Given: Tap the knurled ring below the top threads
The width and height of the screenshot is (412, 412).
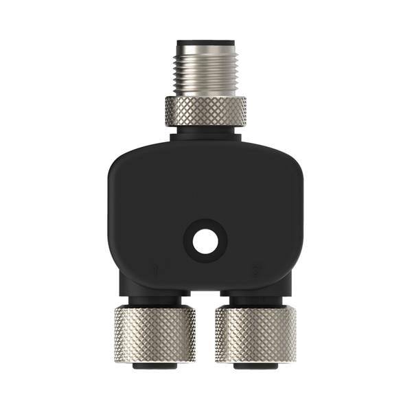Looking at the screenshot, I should click(205, 111).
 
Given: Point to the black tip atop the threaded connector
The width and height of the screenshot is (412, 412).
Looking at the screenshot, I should click(205, 41).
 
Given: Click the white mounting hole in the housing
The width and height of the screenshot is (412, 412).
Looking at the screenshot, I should click(204, 241).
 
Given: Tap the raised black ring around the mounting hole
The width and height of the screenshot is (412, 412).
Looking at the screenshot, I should click(204, 226).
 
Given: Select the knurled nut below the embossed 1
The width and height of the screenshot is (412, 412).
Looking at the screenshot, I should click(154, 333).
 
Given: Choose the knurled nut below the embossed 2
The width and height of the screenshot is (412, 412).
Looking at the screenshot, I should click(255, 333).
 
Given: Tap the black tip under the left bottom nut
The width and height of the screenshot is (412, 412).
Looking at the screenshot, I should click(154, 365).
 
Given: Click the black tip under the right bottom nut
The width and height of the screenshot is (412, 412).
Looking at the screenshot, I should click(255, 365).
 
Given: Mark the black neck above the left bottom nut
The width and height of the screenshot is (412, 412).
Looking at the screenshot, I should click(154, 300).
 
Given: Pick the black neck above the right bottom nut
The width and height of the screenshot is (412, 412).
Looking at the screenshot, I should click(255, 300).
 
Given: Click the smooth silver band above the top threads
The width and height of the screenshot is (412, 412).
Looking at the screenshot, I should click(205, 48).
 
